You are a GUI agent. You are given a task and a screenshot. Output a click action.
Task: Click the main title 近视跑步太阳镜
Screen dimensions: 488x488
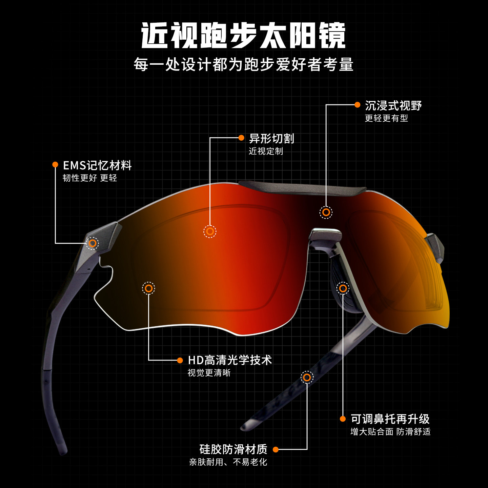[x=243, y=36]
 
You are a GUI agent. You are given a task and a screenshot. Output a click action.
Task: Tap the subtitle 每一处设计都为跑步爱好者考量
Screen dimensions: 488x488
[x=243, y=64]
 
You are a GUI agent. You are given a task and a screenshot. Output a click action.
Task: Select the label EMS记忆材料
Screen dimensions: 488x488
[x=97, y=165]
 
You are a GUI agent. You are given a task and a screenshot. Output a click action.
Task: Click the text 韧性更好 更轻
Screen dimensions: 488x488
[x=90, y=178]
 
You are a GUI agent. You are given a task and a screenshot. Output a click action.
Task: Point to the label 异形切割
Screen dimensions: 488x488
[x=271, y=138]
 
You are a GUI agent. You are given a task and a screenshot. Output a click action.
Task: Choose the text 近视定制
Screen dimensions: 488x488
[x=266, y=151]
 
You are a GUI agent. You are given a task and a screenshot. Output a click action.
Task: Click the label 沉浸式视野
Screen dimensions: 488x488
[x=393, y=106]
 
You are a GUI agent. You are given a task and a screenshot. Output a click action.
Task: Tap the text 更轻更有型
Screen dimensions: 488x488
[x=386, y=118]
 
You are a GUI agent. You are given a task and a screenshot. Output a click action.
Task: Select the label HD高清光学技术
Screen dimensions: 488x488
[x=230, y=360]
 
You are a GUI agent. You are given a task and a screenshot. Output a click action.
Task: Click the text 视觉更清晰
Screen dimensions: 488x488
[x=209, y=373]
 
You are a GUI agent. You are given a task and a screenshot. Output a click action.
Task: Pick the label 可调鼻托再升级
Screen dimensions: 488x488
[x=390, y=419]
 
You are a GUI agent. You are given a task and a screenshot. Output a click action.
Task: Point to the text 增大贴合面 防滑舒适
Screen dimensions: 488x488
[x=390, y=432]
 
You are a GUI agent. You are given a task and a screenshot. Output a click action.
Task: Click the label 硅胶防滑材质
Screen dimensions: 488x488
[x=233, y=449]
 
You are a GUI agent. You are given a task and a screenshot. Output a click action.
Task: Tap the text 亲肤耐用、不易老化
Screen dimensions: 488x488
[x=228, y=462]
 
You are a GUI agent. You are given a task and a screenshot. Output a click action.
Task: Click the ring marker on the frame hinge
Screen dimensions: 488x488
[x=92, y=243]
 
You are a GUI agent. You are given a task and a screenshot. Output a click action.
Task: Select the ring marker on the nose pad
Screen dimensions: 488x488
[x=343, y=288]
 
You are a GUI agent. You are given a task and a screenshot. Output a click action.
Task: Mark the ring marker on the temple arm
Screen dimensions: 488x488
[x=307, y=377]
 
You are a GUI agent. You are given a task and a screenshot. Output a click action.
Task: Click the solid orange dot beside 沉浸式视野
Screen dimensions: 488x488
[x=357, y=105]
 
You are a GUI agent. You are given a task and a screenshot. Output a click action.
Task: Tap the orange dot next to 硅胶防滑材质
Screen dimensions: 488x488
[x=276, y=449]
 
